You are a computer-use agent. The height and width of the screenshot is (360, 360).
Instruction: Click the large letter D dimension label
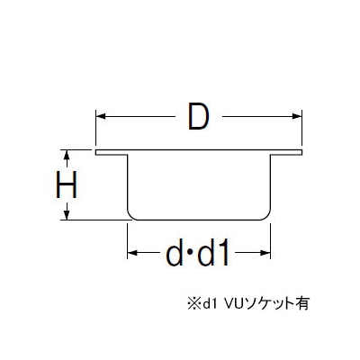click(198, 116)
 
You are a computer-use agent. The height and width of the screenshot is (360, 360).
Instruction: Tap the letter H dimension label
click(67, 184)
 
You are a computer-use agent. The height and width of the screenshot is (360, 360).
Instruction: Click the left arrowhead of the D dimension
click(101, 116)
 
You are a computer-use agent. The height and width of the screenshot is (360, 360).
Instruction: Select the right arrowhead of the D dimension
click(297, 116)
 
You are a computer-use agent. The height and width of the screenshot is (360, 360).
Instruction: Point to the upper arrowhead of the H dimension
click(67, 155)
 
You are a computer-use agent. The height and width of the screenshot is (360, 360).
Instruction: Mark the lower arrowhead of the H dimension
click(67, 215)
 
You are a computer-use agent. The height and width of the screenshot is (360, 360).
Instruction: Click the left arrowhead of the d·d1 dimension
click(132, 253)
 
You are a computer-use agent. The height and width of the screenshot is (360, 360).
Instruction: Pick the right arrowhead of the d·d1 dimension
click(265, 253)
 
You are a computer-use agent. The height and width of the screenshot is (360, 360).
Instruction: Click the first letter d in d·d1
click(175, 253)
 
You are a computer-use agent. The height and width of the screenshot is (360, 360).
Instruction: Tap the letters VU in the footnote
click(234, 303)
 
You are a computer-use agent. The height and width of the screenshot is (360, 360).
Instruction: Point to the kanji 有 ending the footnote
click(302, 303)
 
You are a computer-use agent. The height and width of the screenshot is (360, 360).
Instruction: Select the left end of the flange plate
click(96, 152)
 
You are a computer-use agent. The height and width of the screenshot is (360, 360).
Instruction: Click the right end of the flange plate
click(301, 152)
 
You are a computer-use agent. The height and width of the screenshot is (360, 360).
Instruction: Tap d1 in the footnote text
click(210, 303)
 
